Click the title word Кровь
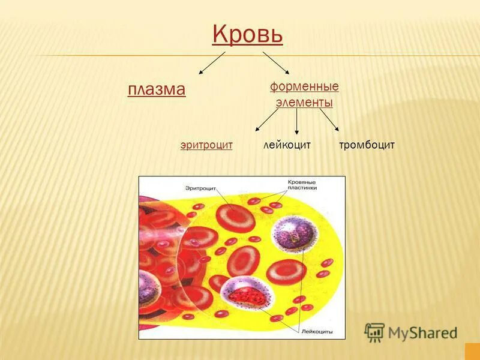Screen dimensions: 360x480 tap(247, 35)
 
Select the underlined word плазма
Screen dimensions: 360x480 tap(157, 89)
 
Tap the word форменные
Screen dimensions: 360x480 tap(304, 86)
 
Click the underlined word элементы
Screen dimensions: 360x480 tap(304, 103)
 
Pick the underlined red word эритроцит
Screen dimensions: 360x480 tap(206, 145)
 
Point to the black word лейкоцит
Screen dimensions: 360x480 tap(287, 145)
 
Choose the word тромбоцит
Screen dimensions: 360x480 tap(367, 145)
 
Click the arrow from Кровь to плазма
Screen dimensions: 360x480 tap(211, 63)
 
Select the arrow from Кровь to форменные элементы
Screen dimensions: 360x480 tap(277, 64)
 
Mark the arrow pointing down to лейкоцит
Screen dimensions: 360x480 tap(296, 121)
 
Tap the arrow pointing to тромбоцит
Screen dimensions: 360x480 tap(329, 119)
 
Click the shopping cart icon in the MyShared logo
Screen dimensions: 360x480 tap(374, 332)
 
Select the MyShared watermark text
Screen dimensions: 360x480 tap(422, 332)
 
